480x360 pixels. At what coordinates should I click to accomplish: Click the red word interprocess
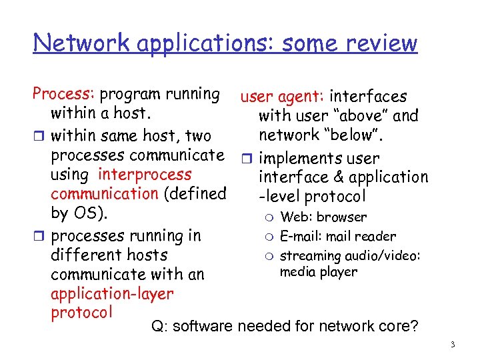tap(145, 175)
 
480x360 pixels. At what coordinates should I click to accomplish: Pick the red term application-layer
tap(112, 293)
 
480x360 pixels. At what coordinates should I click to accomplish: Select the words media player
tap(318, 272)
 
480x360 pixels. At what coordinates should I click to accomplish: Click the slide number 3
tap(452, 345)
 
